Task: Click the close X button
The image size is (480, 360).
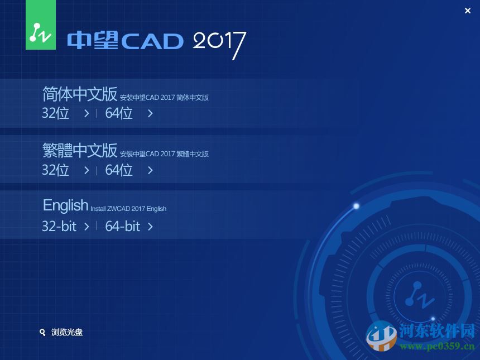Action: pyautogui.click(x=468, y=11)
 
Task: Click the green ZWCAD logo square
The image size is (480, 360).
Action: pyautogui.click(x=41, y=25)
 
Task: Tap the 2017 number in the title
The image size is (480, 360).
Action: pyautogui.click(x=219, y=42)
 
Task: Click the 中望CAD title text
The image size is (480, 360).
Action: pyautogui.click(x=126, y=41)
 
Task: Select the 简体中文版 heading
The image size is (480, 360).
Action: pyautogui.click(x=80, y=94)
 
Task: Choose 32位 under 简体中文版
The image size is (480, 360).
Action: pyautogui.click(x=56, y=113)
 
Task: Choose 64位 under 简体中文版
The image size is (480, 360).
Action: pyautogui.click(x=119, y=113)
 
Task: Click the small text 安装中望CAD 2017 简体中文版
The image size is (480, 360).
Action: pyautogui.click(x=164, y=98)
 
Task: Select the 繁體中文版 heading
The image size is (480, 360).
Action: pyautogui.click(x=80, y=150)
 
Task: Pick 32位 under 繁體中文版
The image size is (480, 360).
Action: pyautogui.click(x=56, y=170)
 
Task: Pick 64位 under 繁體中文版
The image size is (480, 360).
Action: pyautogui.click(x=119, y=170)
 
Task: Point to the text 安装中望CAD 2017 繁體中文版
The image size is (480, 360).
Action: pyautogui.click(x=164, y=154)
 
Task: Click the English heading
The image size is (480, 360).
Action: pyautogui.click(x=65, y=205)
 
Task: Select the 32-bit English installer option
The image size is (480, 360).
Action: pyautogui.click(x=59, y=226)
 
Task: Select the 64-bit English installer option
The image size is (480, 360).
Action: pyautogui.click(x=123, y=226)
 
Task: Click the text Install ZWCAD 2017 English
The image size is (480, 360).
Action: pyautogui.click(x=128, y=209)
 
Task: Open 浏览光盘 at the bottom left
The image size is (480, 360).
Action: pyautogui.click(x=67, y=332)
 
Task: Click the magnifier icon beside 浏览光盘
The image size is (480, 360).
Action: pyautogui.click(x=42, y=332)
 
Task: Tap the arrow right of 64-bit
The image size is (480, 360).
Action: pyautogui.click(x=150, y=226)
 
